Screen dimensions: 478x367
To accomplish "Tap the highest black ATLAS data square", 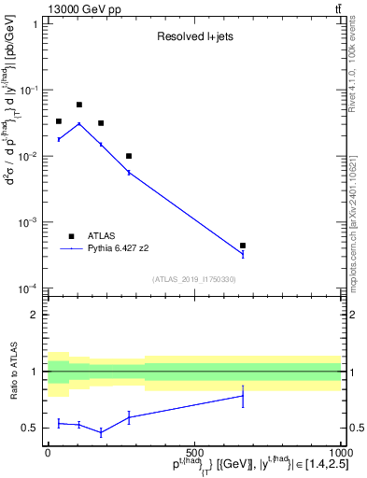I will [x=79, y=105].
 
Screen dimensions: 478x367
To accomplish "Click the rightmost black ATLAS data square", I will [x=243, y=246].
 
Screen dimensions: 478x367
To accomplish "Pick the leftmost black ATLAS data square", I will [x=59, y=121].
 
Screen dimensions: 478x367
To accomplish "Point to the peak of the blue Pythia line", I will [x=79, y=123].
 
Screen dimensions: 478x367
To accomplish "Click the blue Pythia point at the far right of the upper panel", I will [x=243, y=253].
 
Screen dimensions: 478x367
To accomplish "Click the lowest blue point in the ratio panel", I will [x=101, y=432].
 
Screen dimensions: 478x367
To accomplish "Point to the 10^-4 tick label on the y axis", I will [x=29, y=288].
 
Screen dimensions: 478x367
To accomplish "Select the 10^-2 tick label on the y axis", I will [x=29, y=156].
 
